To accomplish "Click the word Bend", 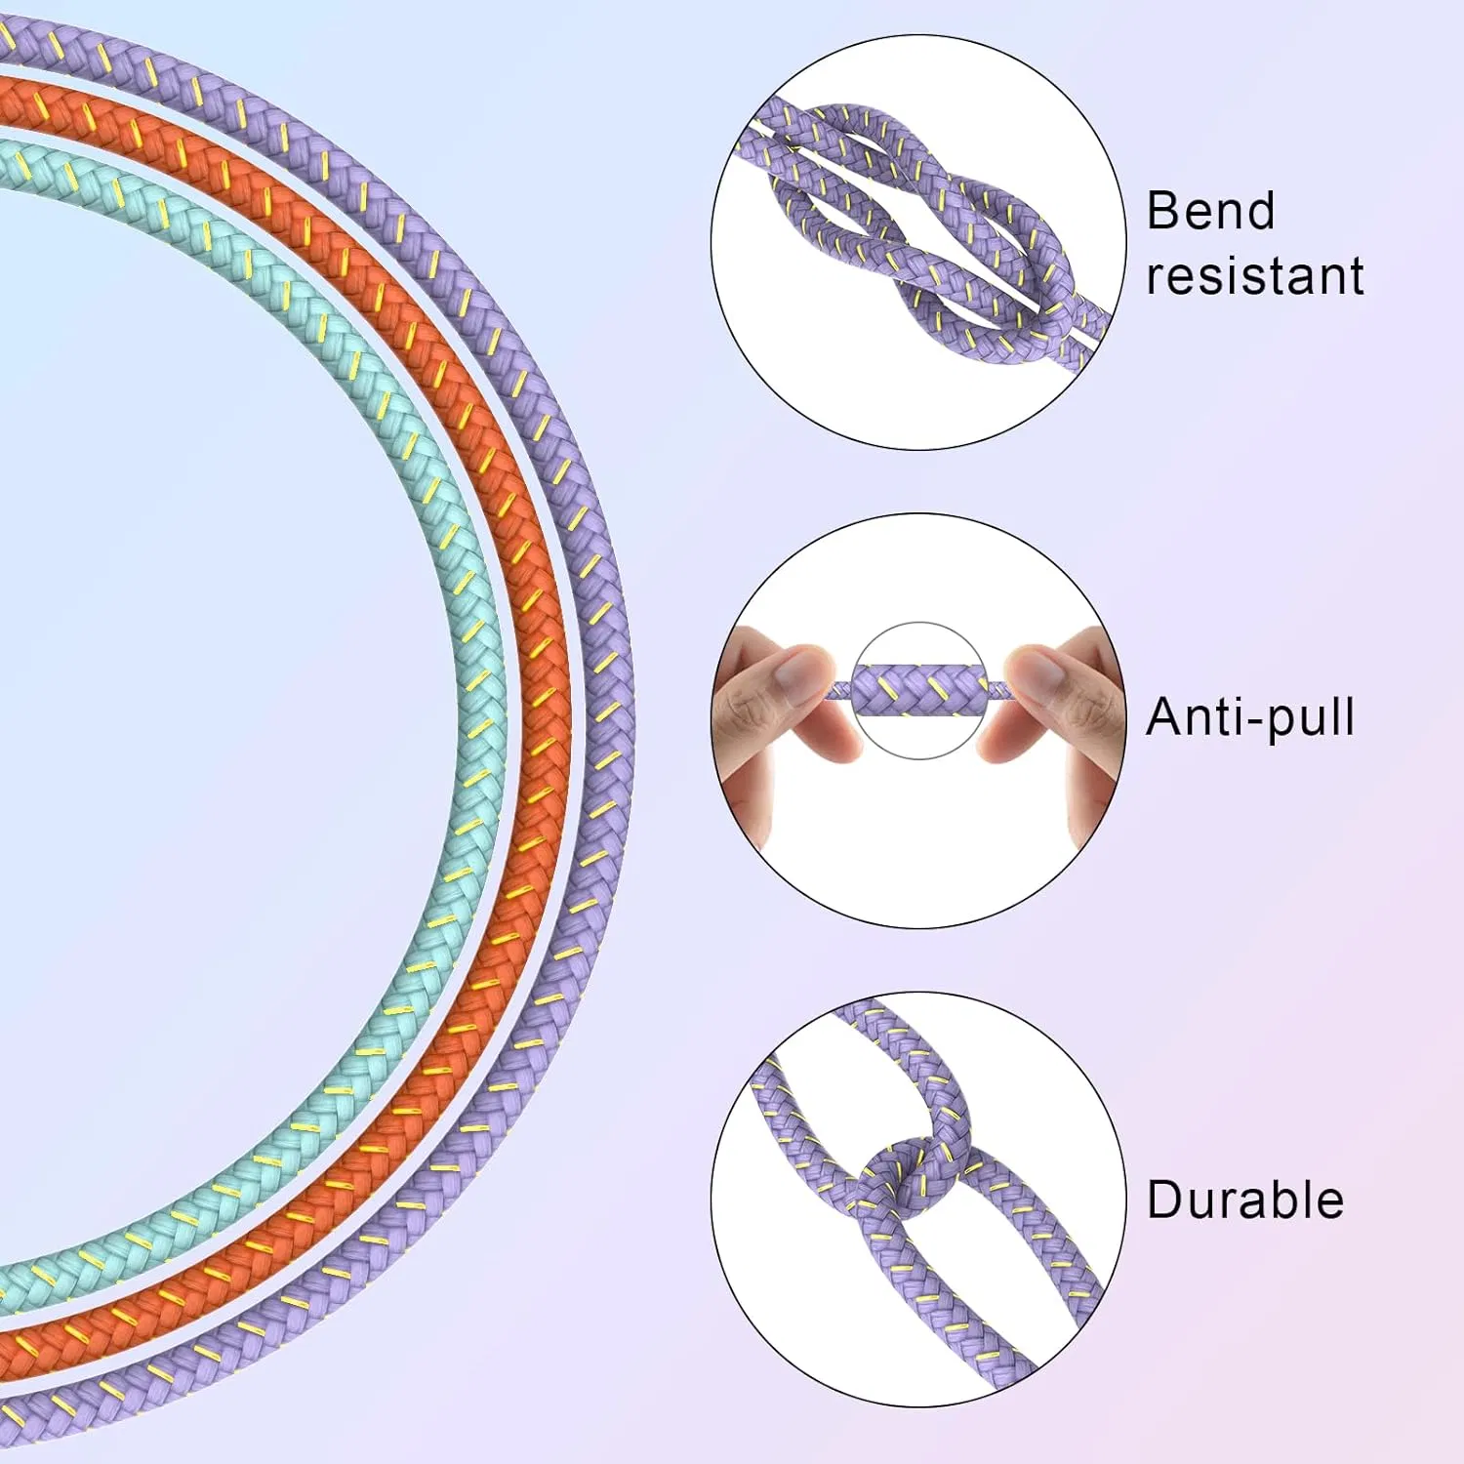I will point(1210,211).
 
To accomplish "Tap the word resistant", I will point(1255,276).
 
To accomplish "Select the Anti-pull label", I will point(1250,717).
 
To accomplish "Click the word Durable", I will point(1245,1200).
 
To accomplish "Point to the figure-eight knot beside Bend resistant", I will point(922,234).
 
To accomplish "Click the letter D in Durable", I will point(1164,1200).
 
